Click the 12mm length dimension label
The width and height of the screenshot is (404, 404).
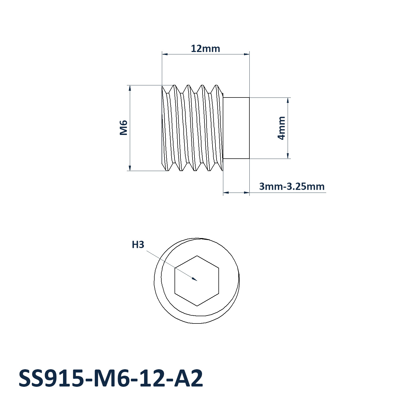tap(206, 49)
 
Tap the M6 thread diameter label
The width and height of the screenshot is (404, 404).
tap(123, 128)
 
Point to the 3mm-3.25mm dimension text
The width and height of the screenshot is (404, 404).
tap(292, 186)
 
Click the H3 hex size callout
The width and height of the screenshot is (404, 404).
tap(138, 245)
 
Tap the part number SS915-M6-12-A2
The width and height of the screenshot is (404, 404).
tap(110, 378)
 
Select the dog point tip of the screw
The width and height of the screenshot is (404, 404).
tap(236, 128)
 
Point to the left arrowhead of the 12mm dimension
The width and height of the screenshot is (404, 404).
tap(165, 54)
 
